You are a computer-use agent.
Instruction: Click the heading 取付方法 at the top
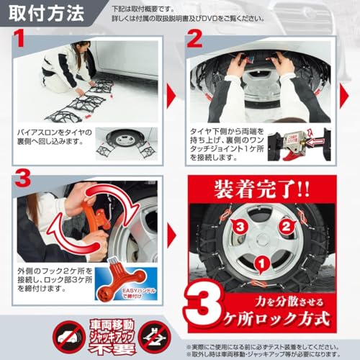point(45,13)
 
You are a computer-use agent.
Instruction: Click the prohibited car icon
point(70,336)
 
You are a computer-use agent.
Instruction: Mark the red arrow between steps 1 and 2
point(172,94)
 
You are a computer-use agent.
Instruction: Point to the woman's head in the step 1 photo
point(81,48)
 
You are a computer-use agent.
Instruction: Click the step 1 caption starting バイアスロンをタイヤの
point(58,138)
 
